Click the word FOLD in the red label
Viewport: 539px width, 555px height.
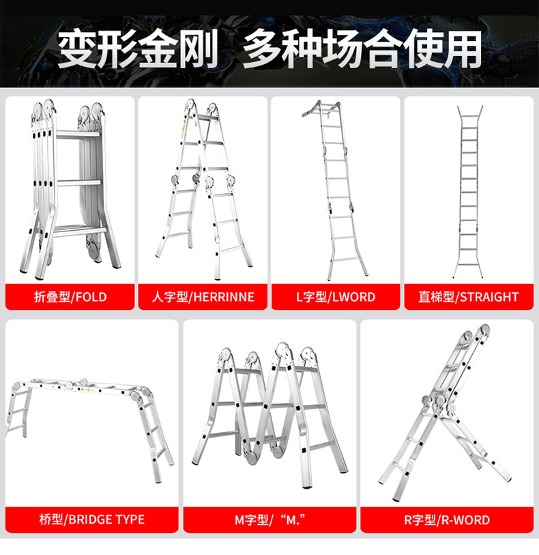click(91, 296)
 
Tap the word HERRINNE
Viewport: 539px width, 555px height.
click(224, 296)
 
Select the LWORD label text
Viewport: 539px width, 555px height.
click(353, 296)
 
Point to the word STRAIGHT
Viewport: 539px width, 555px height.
click(489, 296)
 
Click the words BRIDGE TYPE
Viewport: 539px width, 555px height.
click(106, 520)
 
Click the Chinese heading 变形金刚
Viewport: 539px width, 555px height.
click(139, 49)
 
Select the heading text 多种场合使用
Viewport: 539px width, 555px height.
click(362, 49)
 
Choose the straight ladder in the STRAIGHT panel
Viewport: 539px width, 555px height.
click(468, 191)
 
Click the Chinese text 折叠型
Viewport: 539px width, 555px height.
click(52, 296)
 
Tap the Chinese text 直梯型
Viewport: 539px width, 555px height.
click(436, 296)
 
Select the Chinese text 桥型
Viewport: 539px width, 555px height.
click(51, 520)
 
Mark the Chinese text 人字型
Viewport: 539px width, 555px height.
click(170, 296)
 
